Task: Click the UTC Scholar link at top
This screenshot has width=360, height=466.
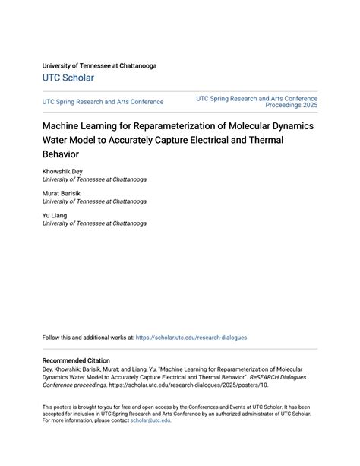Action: [x=68, y=78]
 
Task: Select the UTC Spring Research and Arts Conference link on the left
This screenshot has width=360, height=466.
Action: [x=103, y=102]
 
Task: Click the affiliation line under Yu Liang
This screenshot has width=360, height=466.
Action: [x=94, y=224]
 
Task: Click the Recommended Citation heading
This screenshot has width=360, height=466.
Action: [x=76, y=360]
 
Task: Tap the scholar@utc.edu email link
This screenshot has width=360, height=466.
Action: [x=150, y=420]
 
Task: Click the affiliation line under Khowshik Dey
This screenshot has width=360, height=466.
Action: [x=94, y=180]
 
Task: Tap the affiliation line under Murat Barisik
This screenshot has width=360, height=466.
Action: [x=94, y=202]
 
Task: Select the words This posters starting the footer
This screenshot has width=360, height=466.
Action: [x=58, y=406]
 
